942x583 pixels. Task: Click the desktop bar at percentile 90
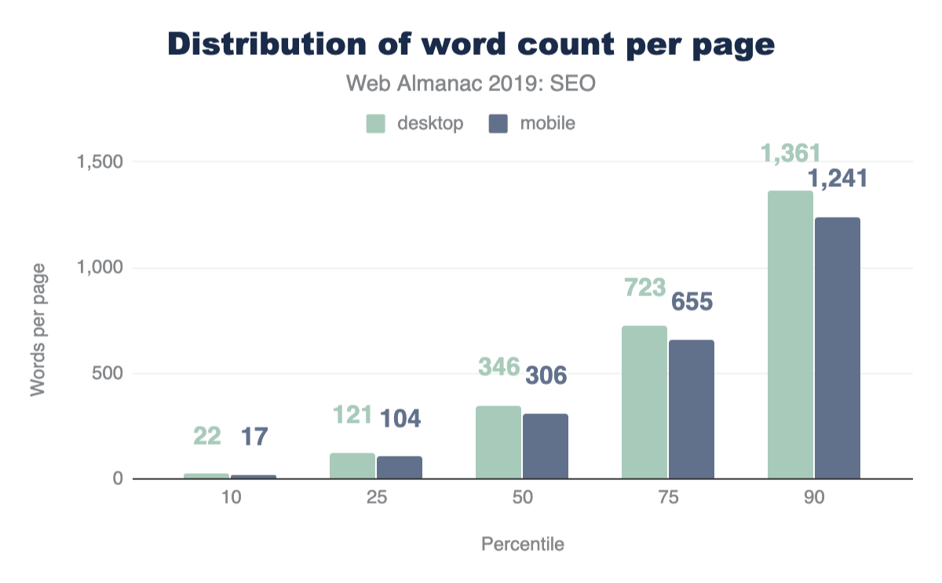coord(790,335)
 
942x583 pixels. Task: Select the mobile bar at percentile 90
coord(837,348)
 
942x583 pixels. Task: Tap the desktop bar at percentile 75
coord(644,402)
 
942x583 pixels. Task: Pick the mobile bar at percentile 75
coord(691,409)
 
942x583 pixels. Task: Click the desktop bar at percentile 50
coord(498,442)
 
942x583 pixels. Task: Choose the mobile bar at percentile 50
coord(545,446)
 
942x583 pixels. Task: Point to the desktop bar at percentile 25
coord(352,466)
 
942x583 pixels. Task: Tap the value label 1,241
coord(838,179)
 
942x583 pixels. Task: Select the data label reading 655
coord(691,302)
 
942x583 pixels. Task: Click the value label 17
coord(253,436)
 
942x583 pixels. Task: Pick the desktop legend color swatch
coord(375,123)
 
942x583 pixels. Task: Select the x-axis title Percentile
coord(522,544)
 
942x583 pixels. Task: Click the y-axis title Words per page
coord(37,330)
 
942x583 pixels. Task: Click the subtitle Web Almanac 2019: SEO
coord(472,83)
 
